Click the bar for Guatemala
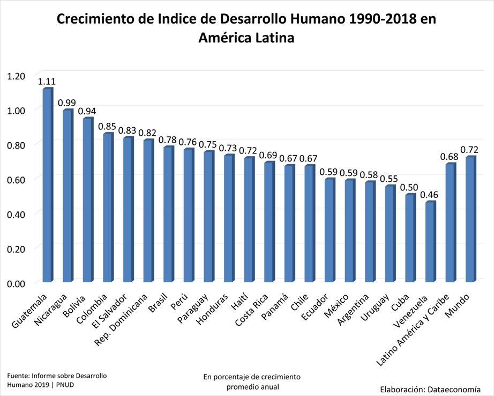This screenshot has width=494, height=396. pyautogui.click(x=47, y=185)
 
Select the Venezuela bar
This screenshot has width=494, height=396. pyautogui.click(x=430, y=242)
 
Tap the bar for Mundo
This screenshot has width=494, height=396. pyautogui.click(x=470, y=219)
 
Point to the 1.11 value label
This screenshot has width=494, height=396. pyautogui.click(x=47, y=82)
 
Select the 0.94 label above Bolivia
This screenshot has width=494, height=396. pyautogui.click(x=87, y=111)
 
